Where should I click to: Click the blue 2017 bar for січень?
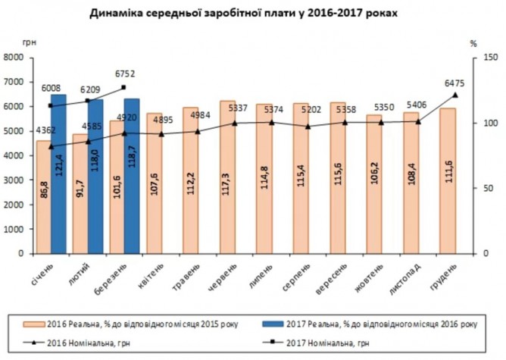click(58, 174)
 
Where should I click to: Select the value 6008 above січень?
click(51, 88)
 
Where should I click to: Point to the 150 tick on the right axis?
click(489, 58)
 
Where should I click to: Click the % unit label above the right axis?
click(473, 44)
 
